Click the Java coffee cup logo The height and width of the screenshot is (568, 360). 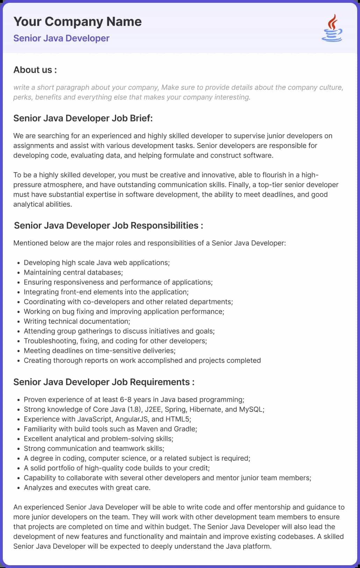[332, 28]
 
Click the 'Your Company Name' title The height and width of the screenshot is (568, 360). [77, 22]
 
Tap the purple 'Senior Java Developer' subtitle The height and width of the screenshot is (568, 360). [61, 38]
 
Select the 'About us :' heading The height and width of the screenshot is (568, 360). [35, 70]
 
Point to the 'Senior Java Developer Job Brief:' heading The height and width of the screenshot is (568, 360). [83, 118]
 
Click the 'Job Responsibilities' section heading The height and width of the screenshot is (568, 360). [108, 225]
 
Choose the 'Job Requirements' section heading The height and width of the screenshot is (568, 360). [104, 382]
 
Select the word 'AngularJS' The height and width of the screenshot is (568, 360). [131, 419]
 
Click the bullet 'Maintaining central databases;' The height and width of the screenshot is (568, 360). [73, 272]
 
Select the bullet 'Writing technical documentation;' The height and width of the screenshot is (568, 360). [77, 321]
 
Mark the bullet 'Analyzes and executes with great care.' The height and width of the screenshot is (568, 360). [87, 488]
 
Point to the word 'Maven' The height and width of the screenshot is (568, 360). [147, 429]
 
